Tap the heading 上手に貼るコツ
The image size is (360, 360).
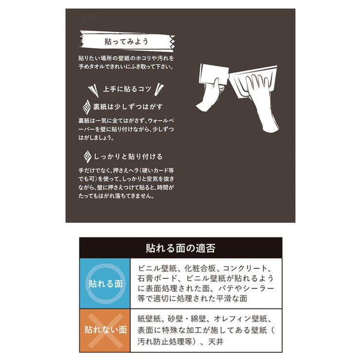(126, 90)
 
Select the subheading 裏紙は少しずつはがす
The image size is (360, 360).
(128, 106)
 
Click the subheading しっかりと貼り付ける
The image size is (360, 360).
(128, 157)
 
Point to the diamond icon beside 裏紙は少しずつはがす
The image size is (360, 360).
(86, 107)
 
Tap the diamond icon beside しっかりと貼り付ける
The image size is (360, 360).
(86, 157)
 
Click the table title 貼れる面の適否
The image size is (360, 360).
(180, 248)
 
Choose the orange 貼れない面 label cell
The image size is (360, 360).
(105, 330)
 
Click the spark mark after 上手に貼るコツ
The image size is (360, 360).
(160, 90)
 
